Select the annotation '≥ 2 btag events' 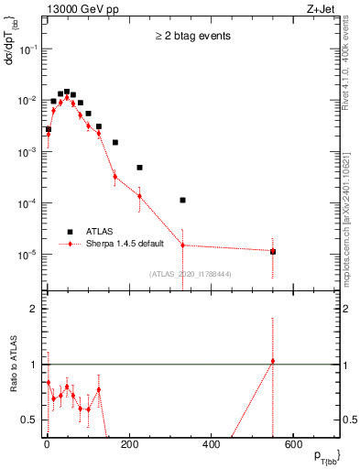click(x=191, y=37)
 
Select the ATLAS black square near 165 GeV click(x=115, y=142)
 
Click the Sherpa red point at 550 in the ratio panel click(x=273, y=361)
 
